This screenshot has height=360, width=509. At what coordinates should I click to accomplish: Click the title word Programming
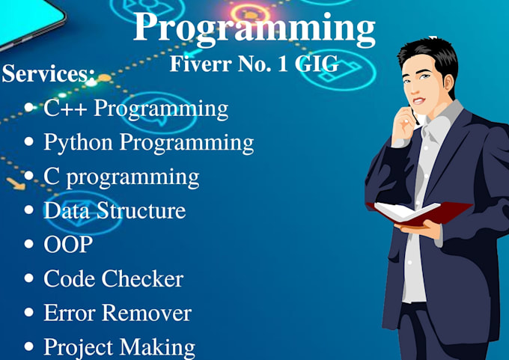pos(254,28)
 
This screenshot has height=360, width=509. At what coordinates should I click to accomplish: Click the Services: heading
pos(48,73)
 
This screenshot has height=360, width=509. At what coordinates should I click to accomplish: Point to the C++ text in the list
pos(65,108)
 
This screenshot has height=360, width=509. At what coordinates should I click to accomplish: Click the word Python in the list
pos(79,143)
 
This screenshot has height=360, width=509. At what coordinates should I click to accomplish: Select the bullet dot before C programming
pos(29,175)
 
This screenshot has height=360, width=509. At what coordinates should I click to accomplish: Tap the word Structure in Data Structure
pos(141,210)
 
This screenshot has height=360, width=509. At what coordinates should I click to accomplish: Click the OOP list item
pos(68,245)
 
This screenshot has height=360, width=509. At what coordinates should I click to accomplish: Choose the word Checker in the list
pos(143,278)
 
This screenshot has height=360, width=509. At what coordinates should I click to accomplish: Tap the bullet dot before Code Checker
pos(29,278)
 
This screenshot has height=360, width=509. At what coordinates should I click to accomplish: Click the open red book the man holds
pos(418,213)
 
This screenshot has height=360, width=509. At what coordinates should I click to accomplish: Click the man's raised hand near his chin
pos(403,125)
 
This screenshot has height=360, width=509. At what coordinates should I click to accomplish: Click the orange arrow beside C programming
pos(16,183)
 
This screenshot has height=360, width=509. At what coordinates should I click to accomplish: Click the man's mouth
pos(418,100)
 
